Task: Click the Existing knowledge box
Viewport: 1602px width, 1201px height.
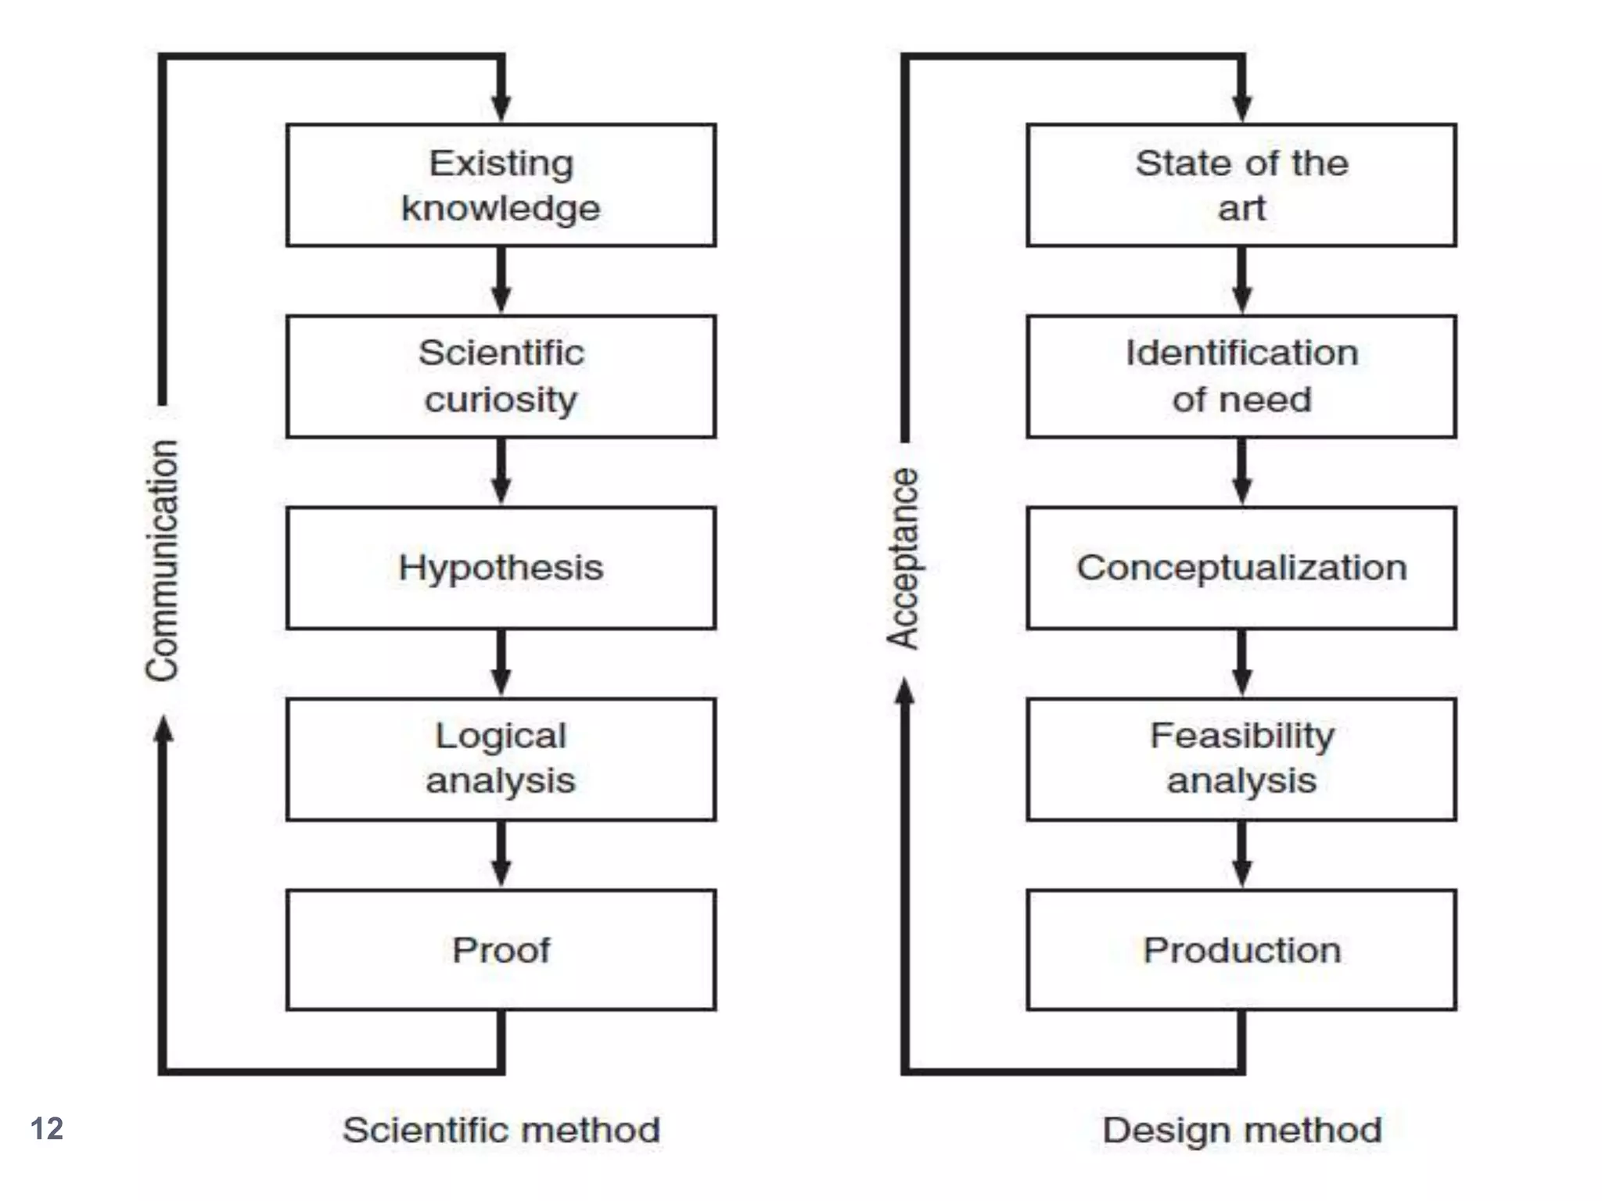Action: click(501, 185)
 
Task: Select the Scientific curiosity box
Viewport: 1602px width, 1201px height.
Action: click(501, 376)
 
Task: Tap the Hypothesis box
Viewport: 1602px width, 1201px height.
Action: click(501, 568)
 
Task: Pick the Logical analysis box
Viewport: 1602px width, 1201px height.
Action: click(501, 758)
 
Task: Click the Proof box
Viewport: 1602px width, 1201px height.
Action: click(501, 949)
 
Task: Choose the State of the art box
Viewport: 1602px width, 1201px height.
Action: click(1241, 185)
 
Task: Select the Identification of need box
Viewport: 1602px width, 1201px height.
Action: click(1241, 376)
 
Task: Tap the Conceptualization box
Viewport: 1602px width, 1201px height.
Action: click(1241, 568)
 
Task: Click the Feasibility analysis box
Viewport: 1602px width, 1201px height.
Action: click(1241, 758)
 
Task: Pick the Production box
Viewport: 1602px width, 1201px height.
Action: click(1241, 949)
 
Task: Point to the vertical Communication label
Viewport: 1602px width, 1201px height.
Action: click(163, 560)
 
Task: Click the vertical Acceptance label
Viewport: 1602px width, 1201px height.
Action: click(903, 558)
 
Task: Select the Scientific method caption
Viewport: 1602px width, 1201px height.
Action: click(501, 1130)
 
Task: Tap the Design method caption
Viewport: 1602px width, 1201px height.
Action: click(1241, 1130)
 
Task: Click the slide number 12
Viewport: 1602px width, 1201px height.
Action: click(47, 1128)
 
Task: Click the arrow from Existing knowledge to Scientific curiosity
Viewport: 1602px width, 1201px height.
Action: click(501, 281)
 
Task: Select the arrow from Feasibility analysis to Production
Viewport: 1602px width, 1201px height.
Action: click(1242, 855)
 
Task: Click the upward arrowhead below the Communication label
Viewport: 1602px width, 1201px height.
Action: click(163, 731)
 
